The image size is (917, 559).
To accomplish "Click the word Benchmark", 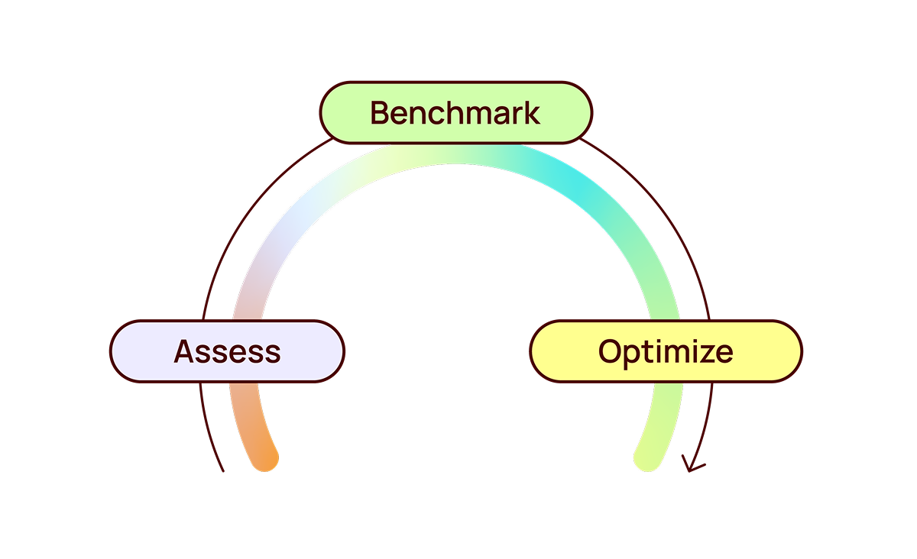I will point(455,113).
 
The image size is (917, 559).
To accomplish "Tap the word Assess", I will point(228,351).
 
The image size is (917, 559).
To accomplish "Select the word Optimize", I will point(666,351).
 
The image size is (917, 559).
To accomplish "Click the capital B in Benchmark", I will point(381,113).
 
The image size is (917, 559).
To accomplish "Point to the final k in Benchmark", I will point(532,113).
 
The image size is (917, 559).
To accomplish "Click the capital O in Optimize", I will point(611,351).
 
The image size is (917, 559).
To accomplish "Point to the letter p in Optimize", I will point(632,354).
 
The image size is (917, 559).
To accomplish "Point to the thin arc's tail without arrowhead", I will point(222,467).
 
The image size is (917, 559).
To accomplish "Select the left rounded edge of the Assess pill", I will point(115,351).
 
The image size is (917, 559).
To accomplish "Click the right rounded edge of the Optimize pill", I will point(798,351).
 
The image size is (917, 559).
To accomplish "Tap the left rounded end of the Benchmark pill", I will point(323,113).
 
